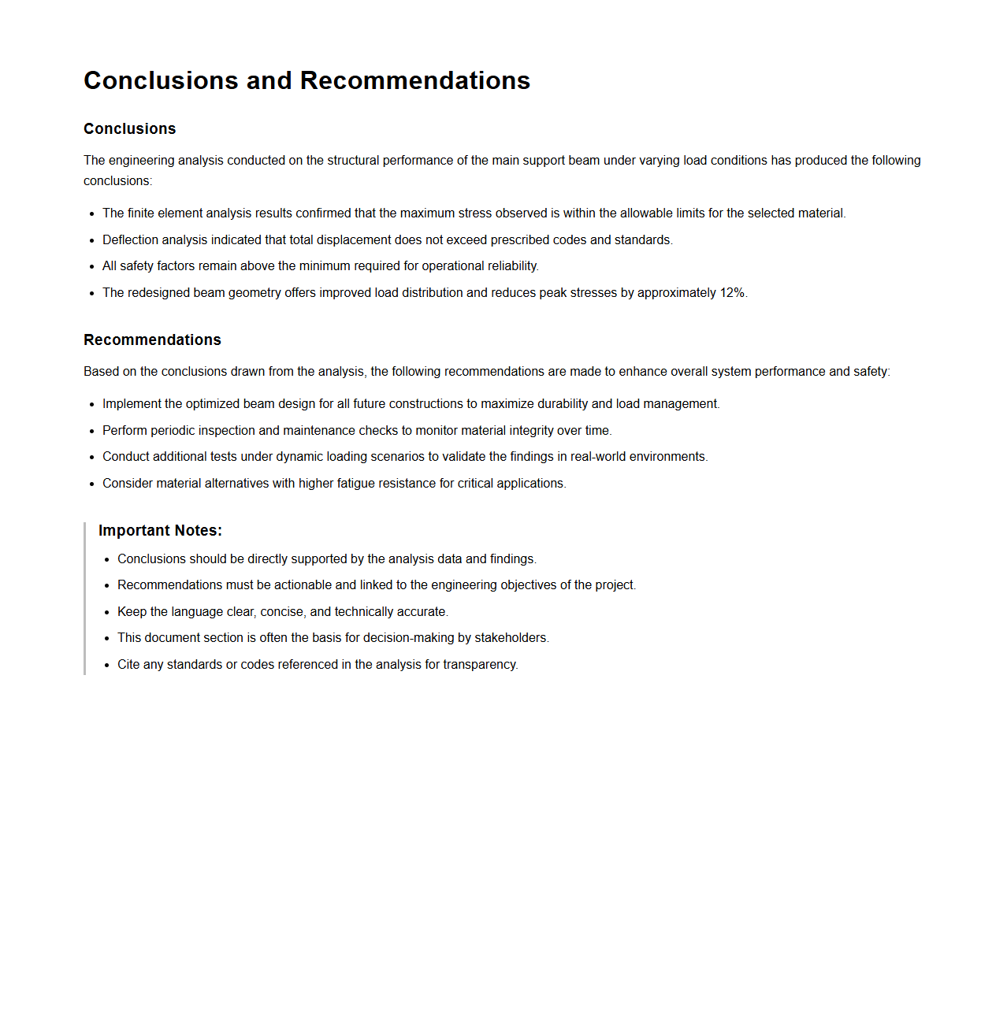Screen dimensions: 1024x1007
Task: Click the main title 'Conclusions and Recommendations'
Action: click(x=307, y=80)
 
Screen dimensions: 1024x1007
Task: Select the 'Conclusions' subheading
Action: click(x=129, y=128)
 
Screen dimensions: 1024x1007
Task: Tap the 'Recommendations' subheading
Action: click(x=152, y=339)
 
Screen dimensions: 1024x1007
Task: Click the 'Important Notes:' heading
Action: click(x=160, y=530)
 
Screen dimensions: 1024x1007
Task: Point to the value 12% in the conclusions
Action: click(x=732, y=293)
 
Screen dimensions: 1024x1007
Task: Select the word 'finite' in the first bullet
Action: click(x=141, y=213)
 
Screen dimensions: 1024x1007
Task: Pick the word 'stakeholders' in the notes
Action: click(x=511, y=638)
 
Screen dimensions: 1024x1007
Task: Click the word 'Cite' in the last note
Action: click(x=128, y=665)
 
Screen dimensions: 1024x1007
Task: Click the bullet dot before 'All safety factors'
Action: click(x=92, y=267)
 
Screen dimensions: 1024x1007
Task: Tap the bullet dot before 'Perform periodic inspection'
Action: click(x=92, y=431)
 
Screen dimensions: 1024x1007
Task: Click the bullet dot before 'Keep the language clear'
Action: click(x=107, y=612)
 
